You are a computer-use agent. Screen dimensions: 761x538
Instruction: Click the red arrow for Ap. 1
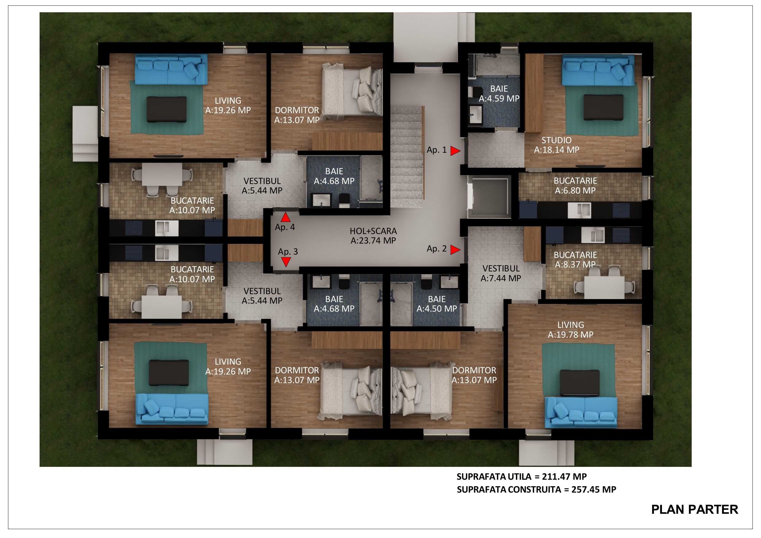(455, 151)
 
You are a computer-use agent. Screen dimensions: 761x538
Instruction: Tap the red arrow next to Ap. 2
(455, 250)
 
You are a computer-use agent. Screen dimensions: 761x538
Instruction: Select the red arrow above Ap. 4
(286, 217)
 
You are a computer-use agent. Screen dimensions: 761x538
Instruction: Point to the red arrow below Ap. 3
(286, 262)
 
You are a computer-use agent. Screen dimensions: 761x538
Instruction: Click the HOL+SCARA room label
(373, 236)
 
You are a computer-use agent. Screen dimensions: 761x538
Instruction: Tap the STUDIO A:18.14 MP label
(556, 145)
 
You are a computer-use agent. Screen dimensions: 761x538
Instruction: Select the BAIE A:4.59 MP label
(499, 94)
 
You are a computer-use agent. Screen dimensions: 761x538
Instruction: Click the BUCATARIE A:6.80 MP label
(575, 186)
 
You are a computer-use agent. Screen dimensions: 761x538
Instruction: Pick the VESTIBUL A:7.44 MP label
(501, 273)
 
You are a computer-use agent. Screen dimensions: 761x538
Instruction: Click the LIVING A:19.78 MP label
(571, 330)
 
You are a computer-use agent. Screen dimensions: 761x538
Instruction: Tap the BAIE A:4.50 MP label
(436, 304)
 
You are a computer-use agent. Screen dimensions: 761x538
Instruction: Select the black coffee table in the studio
(603, 107)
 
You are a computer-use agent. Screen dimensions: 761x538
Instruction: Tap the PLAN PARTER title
(695, 509)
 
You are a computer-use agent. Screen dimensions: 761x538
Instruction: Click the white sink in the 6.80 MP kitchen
(579, 210)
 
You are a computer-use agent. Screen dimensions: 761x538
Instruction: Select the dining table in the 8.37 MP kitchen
(604, 287)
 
